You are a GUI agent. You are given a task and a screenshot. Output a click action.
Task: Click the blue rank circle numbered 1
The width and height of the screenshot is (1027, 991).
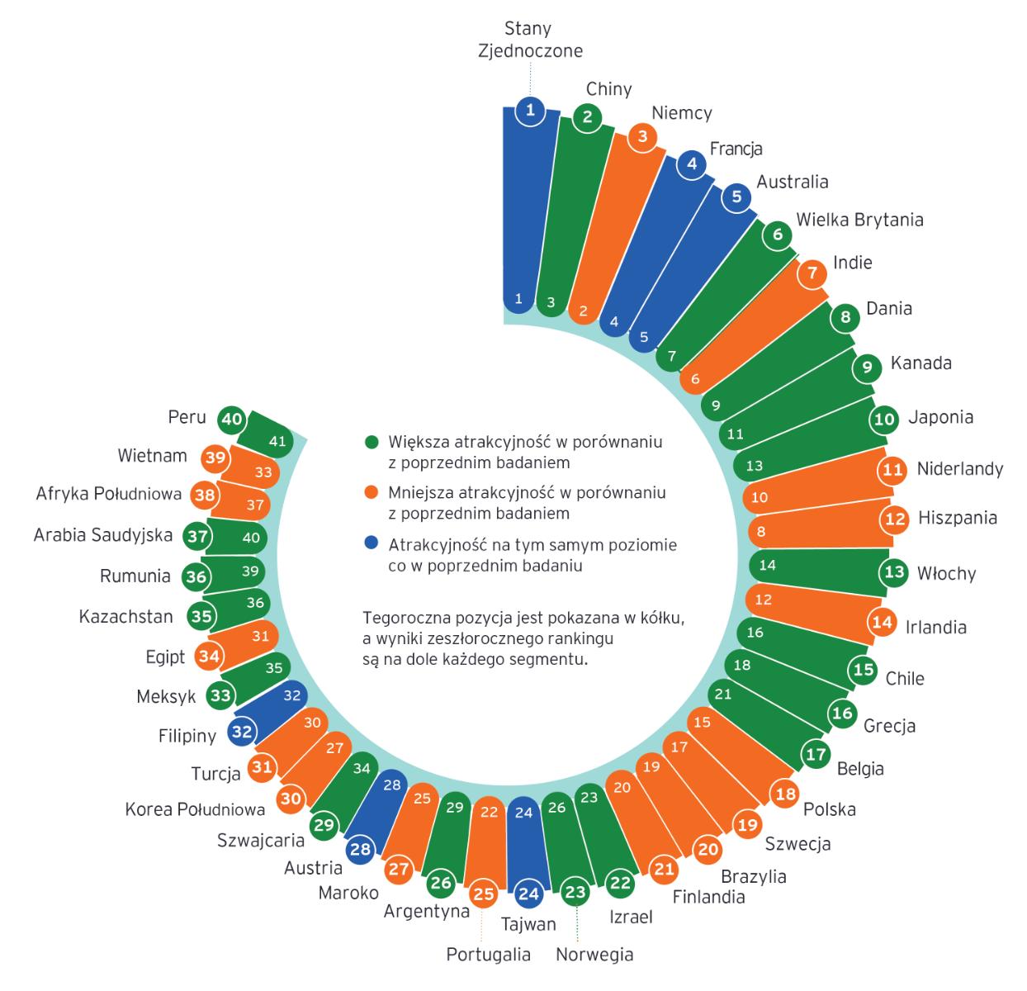(530, 111)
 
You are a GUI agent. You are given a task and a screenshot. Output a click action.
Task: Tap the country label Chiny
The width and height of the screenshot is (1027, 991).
(608, 88)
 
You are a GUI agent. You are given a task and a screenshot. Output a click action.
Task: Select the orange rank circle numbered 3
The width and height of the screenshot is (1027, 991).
(642, 137)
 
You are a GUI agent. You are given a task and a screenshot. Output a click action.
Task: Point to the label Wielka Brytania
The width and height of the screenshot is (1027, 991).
(859, 220)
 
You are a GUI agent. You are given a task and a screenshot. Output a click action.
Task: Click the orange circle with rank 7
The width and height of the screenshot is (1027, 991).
(812, 273)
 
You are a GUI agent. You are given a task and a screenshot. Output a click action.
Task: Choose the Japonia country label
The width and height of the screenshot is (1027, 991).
(940, 417)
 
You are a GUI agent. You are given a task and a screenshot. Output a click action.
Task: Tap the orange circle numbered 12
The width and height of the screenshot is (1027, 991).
(895, 519)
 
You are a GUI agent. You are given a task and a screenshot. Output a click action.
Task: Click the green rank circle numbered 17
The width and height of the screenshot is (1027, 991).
(816, 754)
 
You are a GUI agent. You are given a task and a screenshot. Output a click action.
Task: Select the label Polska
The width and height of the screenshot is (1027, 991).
(829, 809)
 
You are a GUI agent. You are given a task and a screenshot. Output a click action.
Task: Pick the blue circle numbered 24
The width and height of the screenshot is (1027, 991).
(528, 894)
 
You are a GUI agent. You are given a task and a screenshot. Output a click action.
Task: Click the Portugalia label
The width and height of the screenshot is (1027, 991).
(488, 954)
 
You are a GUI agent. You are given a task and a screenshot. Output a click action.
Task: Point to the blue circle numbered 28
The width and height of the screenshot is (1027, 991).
(361, 849)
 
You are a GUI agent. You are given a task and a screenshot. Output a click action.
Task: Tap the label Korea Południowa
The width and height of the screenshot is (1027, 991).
(195, 808)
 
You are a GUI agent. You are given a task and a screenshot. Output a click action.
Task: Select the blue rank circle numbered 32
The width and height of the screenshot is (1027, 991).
(242, 731)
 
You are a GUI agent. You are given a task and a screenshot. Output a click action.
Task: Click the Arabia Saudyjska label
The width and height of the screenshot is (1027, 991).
(103, 535)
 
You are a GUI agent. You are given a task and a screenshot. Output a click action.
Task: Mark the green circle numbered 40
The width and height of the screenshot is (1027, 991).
(232, 420)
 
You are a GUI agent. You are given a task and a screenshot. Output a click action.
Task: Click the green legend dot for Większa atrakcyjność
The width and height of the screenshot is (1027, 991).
(372, 442)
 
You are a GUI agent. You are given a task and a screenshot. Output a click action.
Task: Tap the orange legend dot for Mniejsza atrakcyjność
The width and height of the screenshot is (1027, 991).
(372, 492)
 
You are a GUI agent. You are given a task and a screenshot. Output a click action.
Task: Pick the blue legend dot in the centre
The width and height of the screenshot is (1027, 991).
(372, 543)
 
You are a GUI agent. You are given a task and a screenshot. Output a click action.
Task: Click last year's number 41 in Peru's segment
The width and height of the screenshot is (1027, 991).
(277, 441)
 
